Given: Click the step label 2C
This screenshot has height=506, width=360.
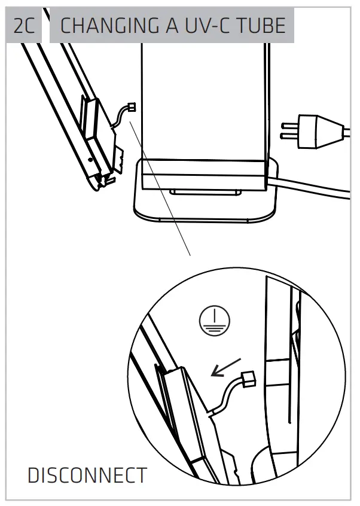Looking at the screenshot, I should tap(24, 26).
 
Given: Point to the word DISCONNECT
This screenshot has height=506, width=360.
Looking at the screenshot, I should tap(87, 475).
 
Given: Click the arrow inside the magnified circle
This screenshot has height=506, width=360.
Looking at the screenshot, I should tap(227, 368).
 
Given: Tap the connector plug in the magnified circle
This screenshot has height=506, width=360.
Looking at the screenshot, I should tap(248, 378).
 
